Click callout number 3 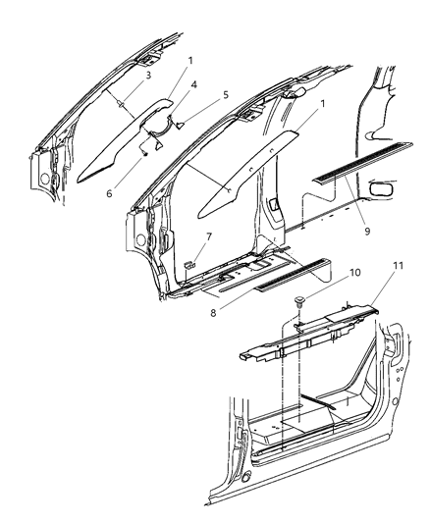[120, 74]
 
